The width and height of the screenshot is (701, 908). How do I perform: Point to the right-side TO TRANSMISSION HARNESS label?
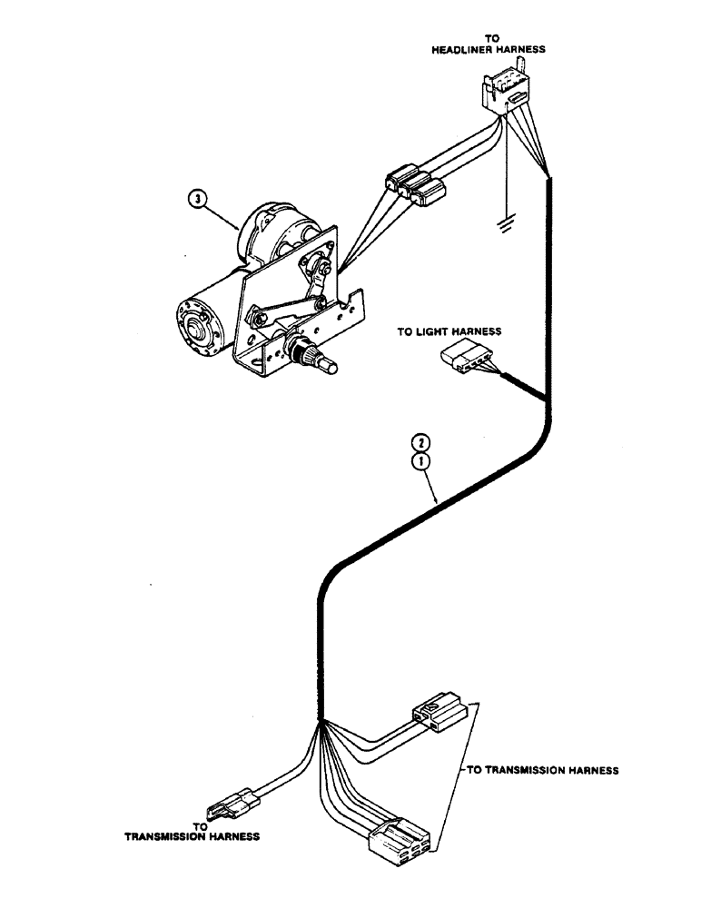[x=543, y=770]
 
